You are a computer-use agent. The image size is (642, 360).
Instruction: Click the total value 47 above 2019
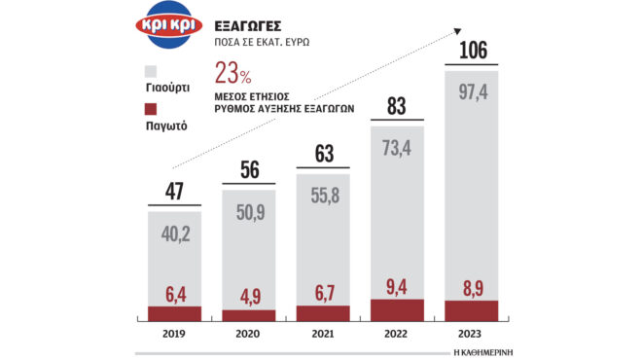click(175, 191)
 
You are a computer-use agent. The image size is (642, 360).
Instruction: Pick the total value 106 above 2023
click(471, 49)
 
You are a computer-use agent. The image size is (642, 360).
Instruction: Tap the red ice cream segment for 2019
click(175, 313)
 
